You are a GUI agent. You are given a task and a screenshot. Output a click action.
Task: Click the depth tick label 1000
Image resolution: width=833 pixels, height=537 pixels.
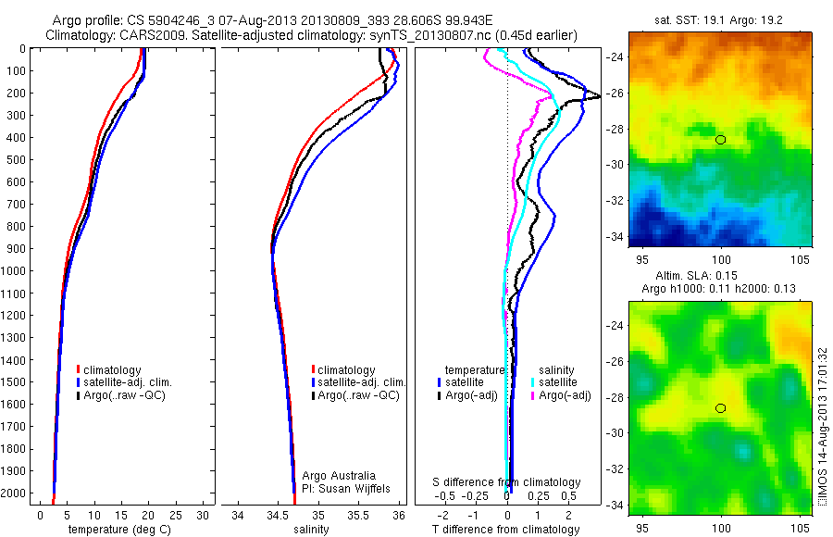coord(15,271)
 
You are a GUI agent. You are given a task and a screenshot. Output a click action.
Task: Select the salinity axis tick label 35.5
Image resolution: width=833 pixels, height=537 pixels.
coord(358,515)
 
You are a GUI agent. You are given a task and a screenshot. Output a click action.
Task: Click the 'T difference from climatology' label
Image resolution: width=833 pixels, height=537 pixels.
coord(507,530)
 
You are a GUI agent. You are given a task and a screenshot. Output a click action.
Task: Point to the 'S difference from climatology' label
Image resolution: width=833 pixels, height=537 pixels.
coord(507,482)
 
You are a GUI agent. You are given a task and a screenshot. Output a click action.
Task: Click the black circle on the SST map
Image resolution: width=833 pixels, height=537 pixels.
coord(721,140)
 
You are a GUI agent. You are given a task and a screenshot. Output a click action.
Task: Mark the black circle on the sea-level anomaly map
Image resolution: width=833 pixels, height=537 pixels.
coord(721,408)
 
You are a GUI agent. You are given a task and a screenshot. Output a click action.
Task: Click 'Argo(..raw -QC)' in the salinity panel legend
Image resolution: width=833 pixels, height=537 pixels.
coord(358,395)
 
